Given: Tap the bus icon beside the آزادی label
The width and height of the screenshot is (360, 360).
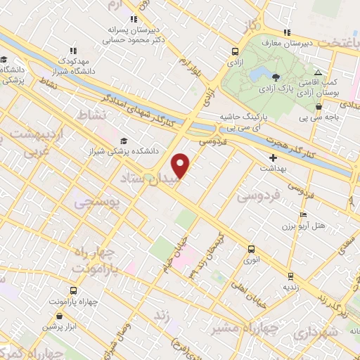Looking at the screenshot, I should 235,51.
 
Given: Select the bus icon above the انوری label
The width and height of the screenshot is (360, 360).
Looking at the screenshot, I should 252,248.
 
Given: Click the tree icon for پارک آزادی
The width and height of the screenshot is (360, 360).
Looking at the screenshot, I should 276,77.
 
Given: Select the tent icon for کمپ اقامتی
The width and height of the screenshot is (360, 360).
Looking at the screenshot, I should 318,72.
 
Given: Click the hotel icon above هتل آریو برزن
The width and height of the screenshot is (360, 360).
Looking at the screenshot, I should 303,214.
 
